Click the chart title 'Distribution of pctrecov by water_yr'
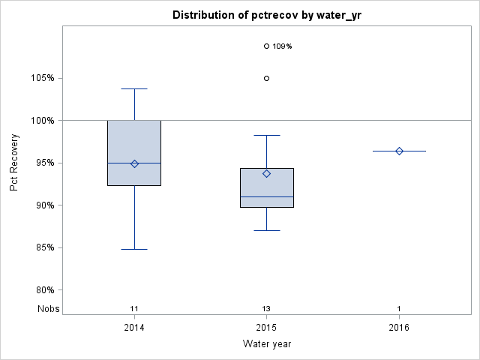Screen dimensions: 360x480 266,15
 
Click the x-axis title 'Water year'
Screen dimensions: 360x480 266,344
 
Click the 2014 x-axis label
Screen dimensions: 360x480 134,328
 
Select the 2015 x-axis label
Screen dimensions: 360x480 266,328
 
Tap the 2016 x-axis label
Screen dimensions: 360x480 399,328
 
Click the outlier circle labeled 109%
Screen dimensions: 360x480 266,46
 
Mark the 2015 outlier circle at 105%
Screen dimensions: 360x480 266,78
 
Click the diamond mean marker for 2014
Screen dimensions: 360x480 134,163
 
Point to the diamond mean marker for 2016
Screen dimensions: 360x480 399,151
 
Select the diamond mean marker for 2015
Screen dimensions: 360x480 266,173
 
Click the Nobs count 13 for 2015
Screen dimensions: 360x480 266,309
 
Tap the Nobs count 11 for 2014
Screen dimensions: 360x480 134,309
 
